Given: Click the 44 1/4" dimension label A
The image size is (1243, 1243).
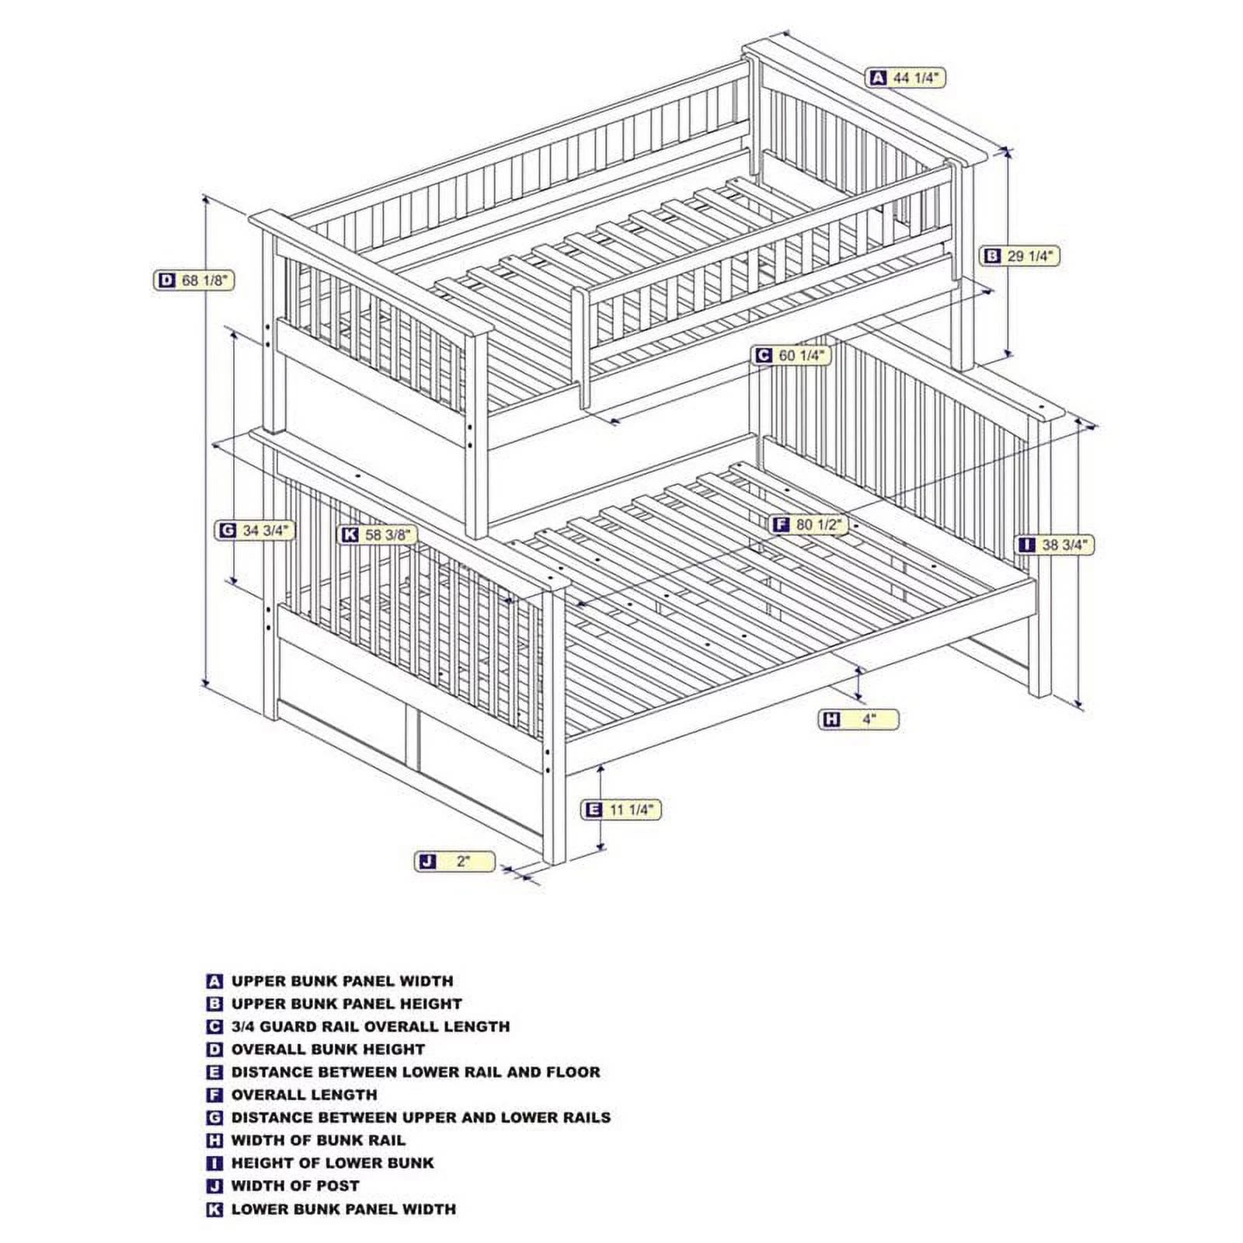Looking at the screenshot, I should click(907, 78).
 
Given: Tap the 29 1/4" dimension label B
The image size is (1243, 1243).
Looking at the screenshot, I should click(1019, 256).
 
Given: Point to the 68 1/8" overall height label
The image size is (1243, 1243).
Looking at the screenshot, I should click(194, 280).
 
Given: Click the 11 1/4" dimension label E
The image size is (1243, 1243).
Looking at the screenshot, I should click(622, 810).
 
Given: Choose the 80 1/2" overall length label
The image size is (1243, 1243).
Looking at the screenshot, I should click(809, 524).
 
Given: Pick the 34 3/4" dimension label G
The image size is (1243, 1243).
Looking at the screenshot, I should click(255, 531).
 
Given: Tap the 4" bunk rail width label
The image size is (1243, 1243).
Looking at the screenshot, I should click(859, 719).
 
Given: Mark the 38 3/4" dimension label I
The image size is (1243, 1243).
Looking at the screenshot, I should click(1056, 545).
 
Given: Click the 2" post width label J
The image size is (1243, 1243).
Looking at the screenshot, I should click(455, 861).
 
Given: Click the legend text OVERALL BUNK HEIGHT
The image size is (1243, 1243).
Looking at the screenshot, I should click(328, 1050).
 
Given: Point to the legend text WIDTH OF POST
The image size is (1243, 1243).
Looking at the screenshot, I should click(295, 1186).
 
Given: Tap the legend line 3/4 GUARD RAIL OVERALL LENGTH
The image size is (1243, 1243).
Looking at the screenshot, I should click(371, 1026).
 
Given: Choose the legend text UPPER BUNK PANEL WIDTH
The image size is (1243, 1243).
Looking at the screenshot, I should click(342, 981).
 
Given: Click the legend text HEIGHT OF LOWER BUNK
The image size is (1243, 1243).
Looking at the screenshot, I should click(333, 1163).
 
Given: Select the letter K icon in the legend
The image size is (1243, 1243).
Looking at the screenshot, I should click(215, 1209).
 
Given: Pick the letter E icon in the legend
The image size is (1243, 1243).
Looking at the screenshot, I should click(215, 1072).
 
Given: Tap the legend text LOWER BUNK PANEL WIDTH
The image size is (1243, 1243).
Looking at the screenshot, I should click(343, 1209).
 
